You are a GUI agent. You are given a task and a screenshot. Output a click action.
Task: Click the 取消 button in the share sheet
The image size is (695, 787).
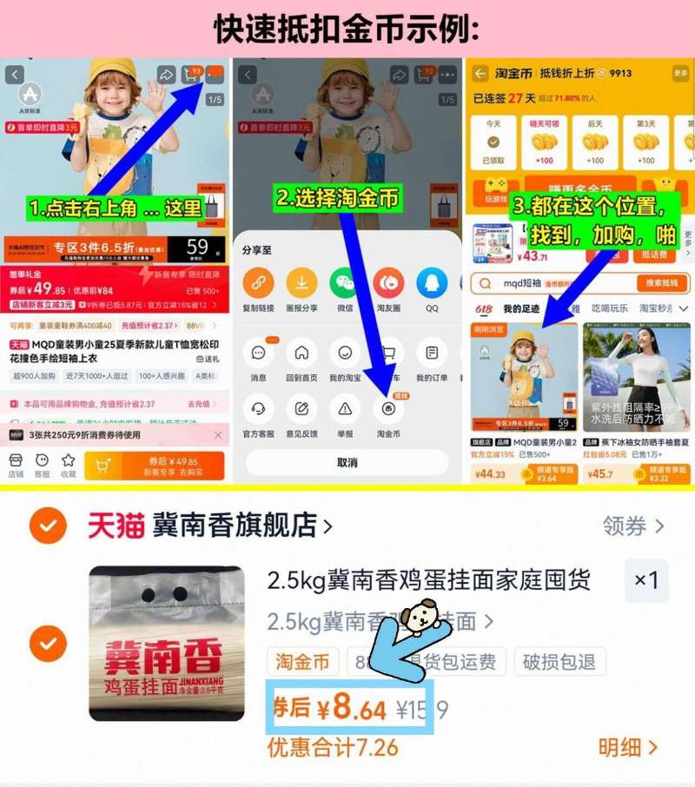[x=347, y=462]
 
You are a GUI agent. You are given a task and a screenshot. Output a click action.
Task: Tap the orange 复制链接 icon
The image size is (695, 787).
[x=258, y=283]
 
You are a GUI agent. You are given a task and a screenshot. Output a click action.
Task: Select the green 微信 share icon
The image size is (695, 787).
[x=345, y=283]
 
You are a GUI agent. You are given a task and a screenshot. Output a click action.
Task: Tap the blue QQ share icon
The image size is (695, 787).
[x=431, y=283]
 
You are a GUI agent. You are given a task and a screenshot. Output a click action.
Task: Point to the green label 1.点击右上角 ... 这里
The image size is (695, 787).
[x=115, y=208]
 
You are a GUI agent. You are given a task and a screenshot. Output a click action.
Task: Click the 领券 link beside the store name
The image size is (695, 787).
[x=633, y=526]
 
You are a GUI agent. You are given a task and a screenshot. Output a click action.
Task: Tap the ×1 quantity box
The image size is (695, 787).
[x=646, y=580]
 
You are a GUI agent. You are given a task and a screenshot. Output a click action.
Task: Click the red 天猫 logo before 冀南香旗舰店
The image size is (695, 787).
[x=116, y=526]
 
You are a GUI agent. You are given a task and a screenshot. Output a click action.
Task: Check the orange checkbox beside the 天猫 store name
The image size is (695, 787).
[x=47, y=526]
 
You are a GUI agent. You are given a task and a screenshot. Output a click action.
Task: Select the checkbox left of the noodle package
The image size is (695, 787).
[x=47, y=644]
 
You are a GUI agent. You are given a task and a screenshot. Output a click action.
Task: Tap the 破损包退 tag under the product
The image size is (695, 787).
[x=559, y=662]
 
